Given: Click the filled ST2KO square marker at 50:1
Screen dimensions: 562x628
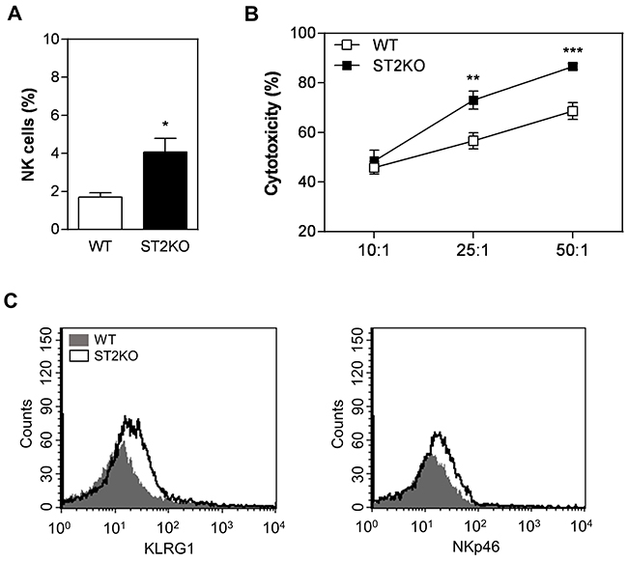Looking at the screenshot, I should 573,67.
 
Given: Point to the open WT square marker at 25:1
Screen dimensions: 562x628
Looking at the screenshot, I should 473,141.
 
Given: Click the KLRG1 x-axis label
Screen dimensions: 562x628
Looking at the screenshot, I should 170,547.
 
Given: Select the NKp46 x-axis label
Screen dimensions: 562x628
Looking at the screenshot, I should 472,547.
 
